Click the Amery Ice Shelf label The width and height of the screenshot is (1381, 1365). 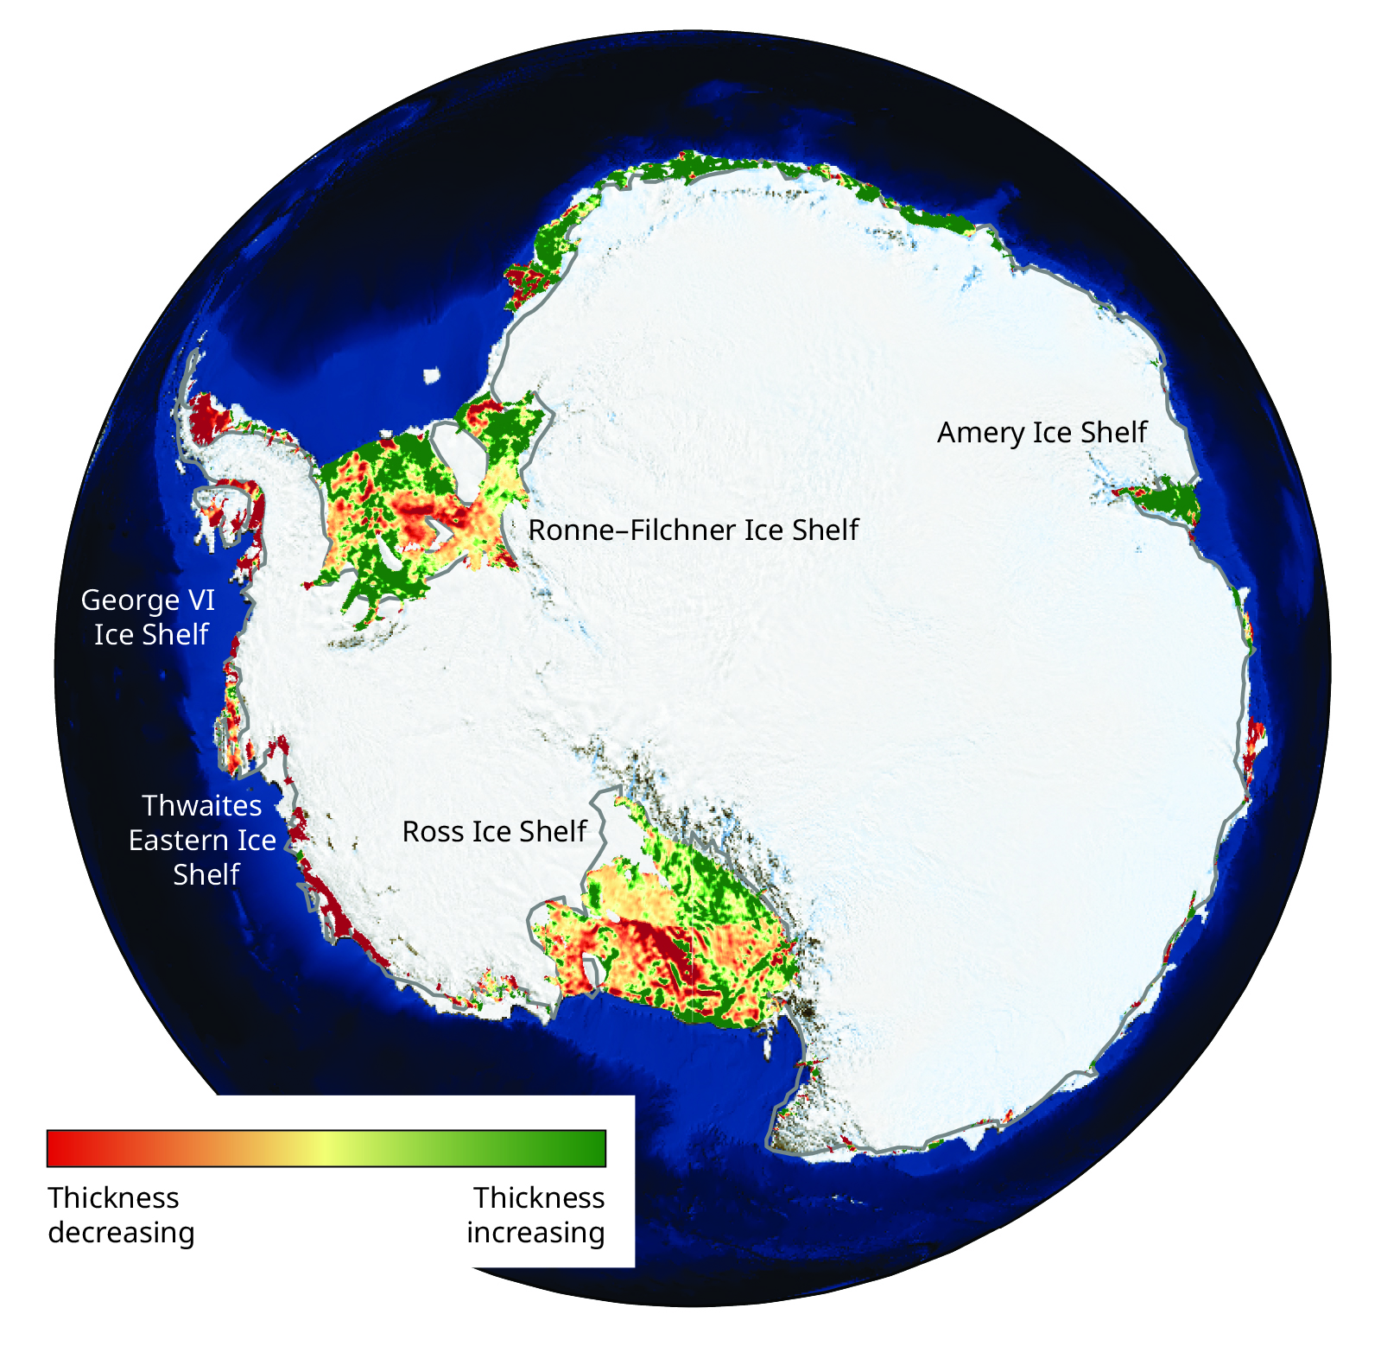pos(1042,432)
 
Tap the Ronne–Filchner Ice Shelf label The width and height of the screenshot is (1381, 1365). pos(693,530)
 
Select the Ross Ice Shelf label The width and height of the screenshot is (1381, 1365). pos(494,831)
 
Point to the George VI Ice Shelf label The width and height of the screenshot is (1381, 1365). pos(149,617)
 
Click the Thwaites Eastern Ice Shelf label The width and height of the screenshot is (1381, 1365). pos(202,840)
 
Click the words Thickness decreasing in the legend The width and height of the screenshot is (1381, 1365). pos(120,1215)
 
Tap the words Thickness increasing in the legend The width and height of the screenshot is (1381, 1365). pos(536,1215)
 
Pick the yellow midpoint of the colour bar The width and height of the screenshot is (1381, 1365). pos(325,1148)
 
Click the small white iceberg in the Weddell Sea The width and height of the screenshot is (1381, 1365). pos(432,376)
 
